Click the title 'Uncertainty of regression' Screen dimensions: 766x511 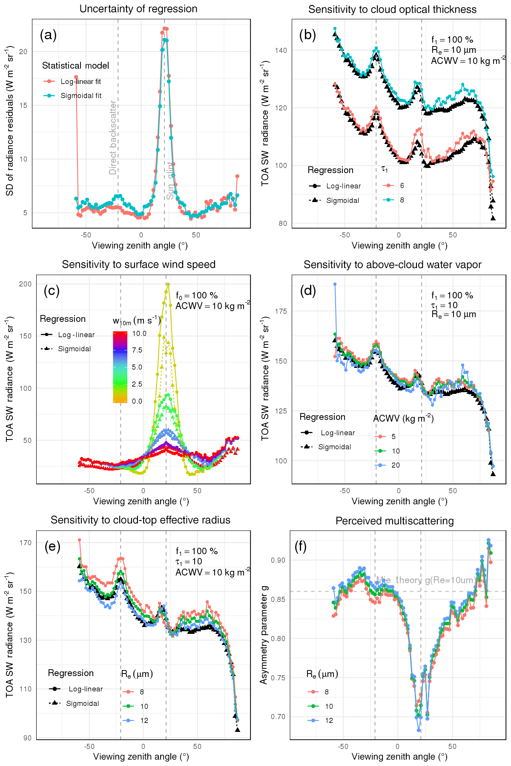[x=138, y=9]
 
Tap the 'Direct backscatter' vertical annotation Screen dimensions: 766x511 [x=113, y=137]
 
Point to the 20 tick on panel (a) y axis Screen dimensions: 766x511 [x=23, y=52]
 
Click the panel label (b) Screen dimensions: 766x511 [x=307, y=35]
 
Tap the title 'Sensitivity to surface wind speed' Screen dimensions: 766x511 [x=138, y=265]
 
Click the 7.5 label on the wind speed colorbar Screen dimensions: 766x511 [x=137, y=350]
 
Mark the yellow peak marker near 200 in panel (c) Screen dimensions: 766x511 [x=168, y=284]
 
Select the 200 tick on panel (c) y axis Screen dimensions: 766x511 [x=26, y=284]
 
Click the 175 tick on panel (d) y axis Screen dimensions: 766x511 [x=281, y=312]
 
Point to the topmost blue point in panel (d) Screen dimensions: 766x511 [x=335, y=284]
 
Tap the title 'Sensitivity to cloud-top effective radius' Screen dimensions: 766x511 [x=141, y=520]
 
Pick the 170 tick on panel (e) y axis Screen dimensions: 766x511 [x=26, y=543]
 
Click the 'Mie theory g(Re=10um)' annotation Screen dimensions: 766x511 [x=426, y=580]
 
